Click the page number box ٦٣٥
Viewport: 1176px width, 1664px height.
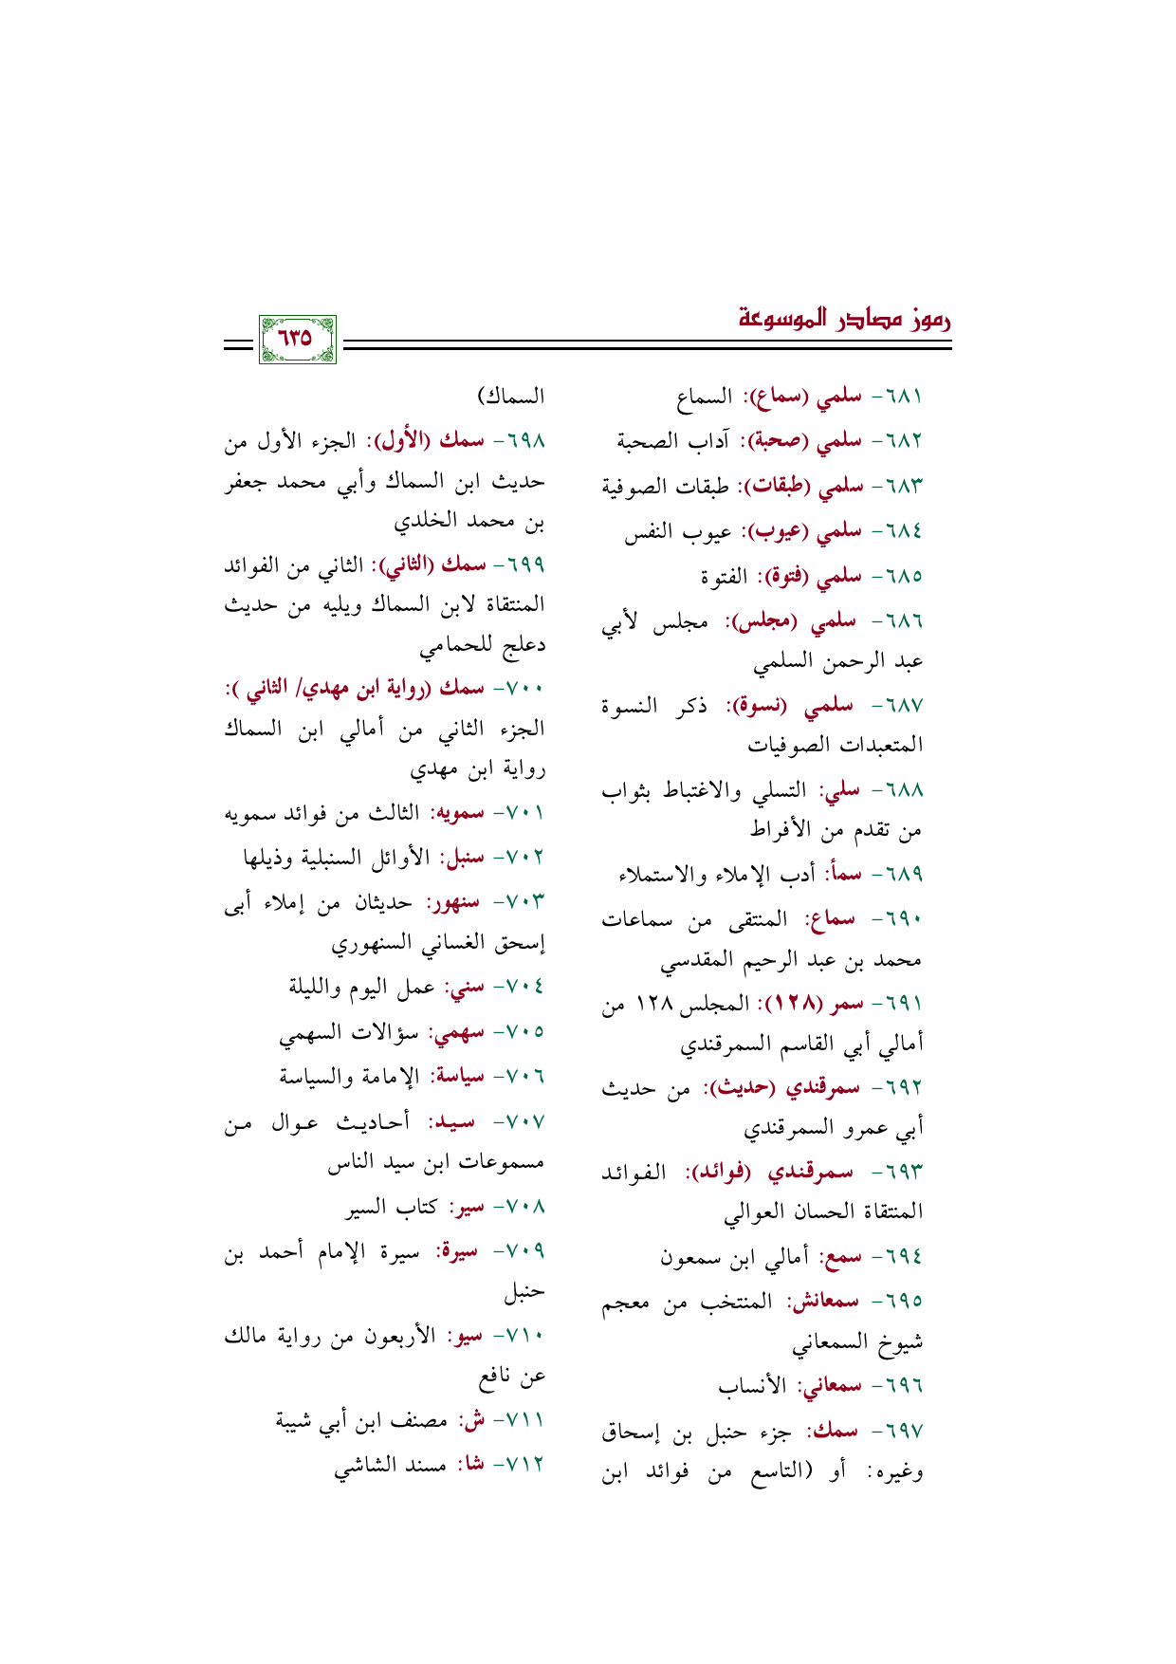[x=297, y=339]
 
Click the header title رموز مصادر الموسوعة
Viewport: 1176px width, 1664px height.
[x=845, y=318]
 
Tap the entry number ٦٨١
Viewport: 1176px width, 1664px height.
[x=906, y=396]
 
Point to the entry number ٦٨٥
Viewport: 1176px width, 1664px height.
[x=906, y=576]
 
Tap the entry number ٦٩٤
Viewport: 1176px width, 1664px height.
[x=906, y=1258]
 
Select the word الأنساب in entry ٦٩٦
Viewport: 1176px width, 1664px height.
[x=753, y=1386]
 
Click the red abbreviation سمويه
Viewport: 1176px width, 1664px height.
[x=457, y=814]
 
